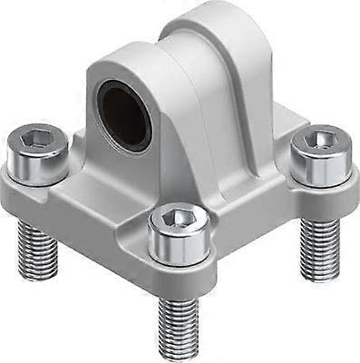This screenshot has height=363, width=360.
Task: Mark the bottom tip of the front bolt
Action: coord(178,352)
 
